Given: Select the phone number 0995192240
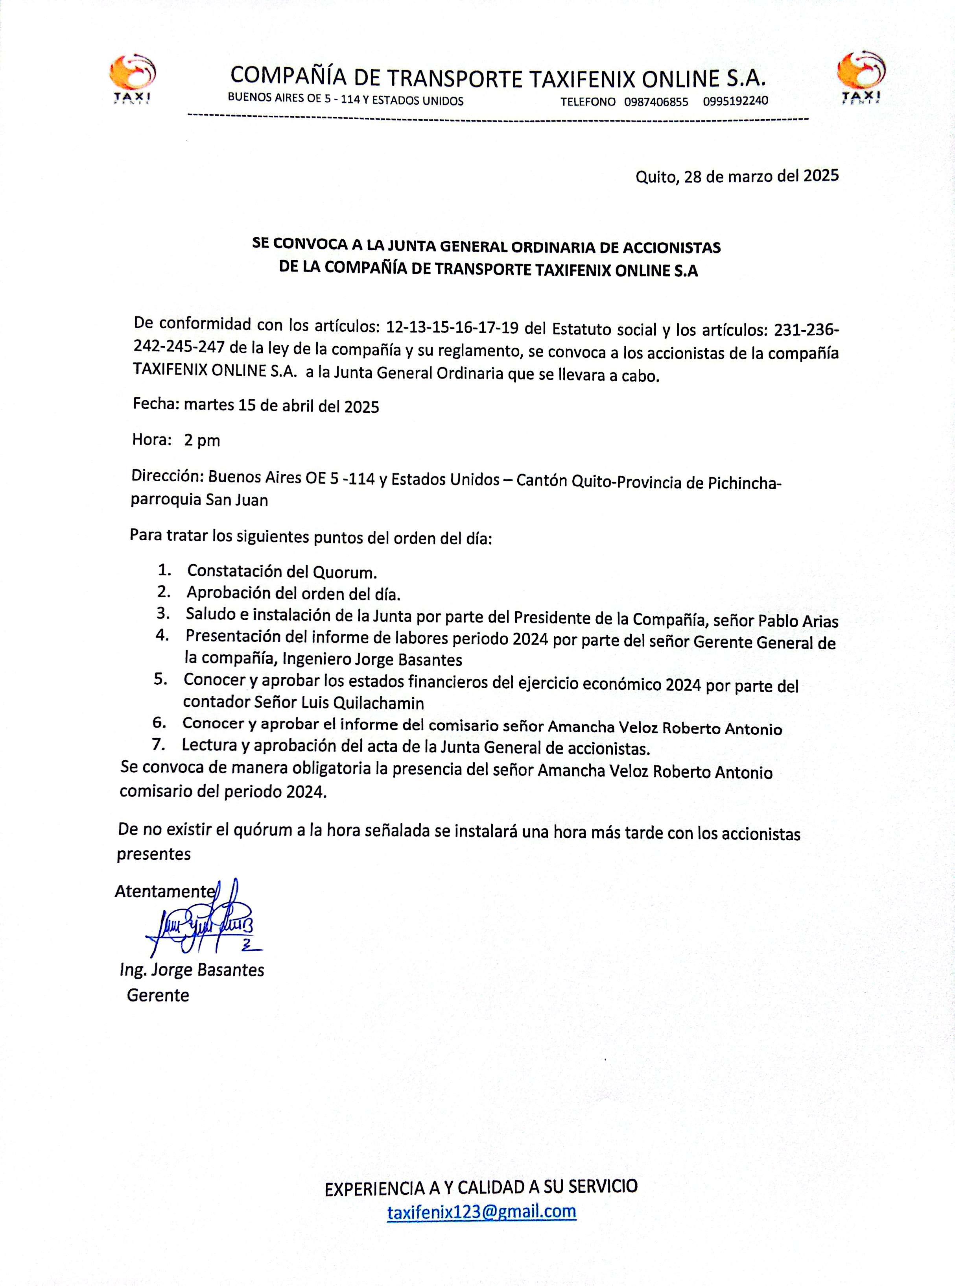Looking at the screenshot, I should pos(736,101).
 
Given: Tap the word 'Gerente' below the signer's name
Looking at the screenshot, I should pos(158,995).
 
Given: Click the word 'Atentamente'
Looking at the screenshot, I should pos(164,891).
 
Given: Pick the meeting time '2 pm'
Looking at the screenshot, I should pos(202,441).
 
